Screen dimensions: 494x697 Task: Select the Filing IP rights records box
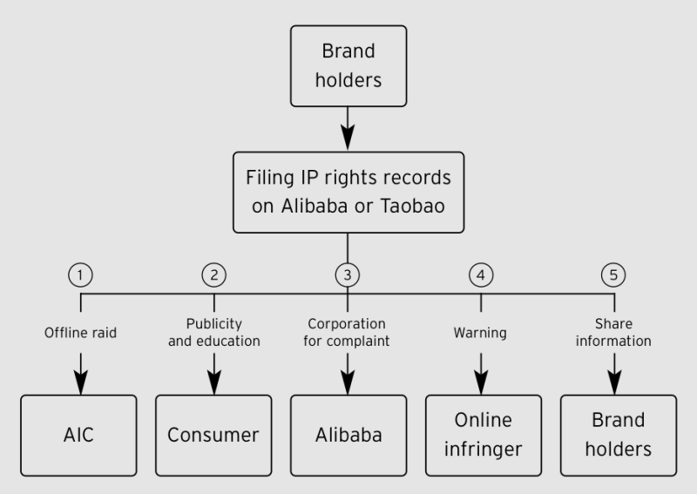348,193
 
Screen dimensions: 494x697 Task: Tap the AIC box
80,436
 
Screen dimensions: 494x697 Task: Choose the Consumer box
213,436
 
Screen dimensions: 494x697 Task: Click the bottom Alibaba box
348,436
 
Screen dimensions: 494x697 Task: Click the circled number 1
80,274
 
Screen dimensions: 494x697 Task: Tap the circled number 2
213,274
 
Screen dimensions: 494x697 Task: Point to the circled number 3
348,274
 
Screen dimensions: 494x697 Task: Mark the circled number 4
481,274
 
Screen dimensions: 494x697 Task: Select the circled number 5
615,274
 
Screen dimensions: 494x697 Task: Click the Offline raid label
80,332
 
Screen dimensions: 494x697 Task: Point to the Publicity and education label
213,332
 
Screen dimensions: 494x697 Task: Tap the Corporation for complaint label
348,332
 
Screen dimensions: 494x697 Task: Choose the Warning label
481,332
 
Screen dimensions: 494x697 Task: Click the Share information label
615,332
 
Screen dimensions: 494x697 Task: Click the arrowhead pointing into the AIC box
80,381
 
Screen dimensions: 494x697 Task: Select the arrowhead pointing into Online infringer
481,381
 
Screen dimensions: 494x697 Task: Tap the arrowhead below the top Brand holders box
348,137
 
